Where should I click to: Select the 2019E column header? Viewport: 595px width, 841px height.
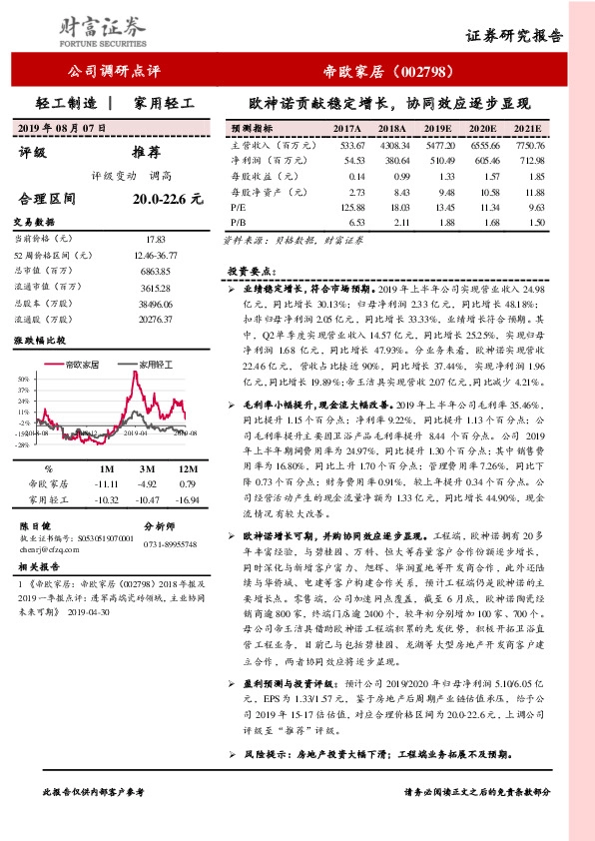438,130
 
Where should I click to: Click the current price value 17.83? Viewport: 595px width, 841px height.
155,240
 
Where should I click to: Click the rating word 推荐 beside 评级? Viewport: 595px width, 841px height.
146,153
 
